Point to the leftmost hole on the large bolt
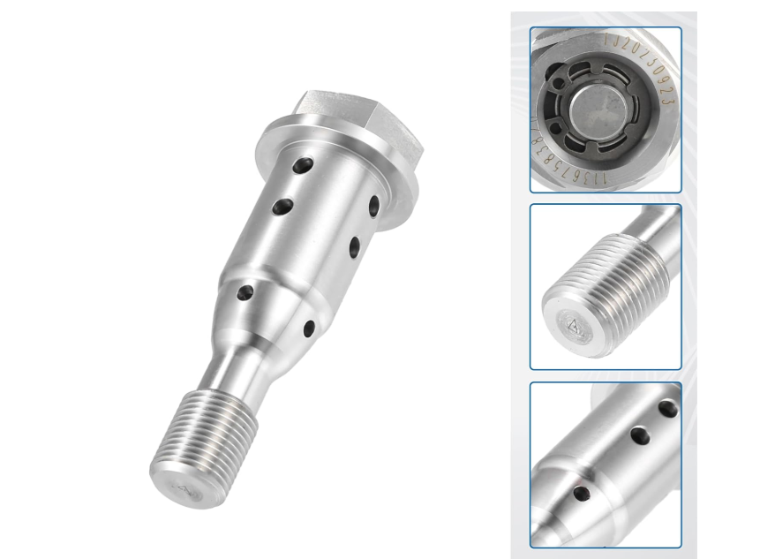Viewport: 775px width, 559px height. pyautogui.click(x=245, y=291)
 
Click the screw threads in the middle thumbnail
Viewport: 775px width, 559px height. pyautogui.click(x=609, y=283)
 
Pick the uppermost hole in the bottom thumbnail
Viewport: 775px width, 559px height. pyautogui.click(x=668, y=409)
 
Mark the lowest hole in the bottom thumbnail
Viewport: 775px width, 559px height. pyautogui.click(x=582, y=493)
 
